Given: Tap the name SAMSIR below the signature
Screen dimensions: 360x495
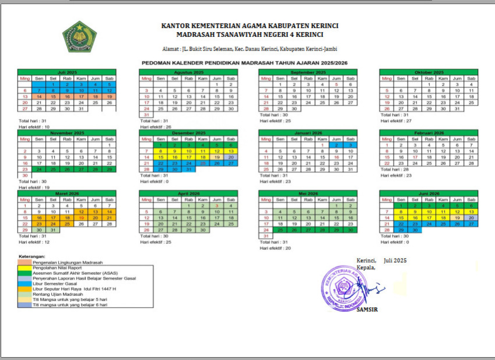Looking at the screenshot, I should point(367,309).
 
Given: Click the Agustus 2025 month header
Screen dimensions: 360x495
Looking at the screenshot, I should point(188,72).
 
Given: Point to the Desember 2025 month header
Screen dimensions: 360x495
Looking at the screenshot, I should point(188,133).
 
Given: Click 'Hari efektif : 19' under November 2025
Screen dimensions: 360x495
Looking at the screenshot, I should point(34,187).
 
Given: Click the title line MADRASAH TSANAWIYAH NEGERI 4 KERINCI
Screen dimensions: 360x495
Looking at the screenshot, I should point(250,34).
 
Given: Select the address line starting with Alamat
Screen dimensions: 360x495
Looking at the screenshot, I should point(250,49).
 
